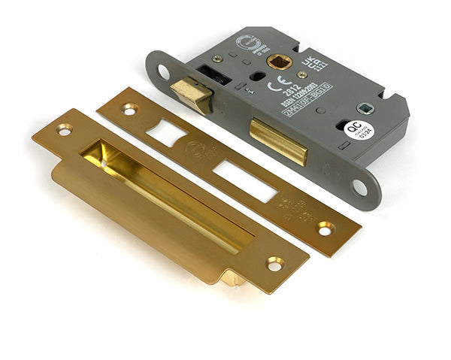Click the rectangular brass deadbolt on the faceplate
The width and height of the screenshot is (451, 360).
pyautogui.click(x=279, y=141)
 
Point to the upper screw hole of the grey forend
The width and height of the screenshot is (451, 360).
pyautogui.click(x=163, y=72)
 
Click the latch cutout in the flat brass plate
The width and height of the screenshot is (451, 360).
pyautogui.click(x=166, y=134)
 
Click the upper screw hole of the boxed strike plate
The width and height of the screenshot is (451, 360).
pyautogui.click(x=64, y=130)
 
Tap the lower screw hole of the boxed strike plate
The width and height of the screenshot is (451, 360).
pyautogui.click(x=274, y=264)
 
